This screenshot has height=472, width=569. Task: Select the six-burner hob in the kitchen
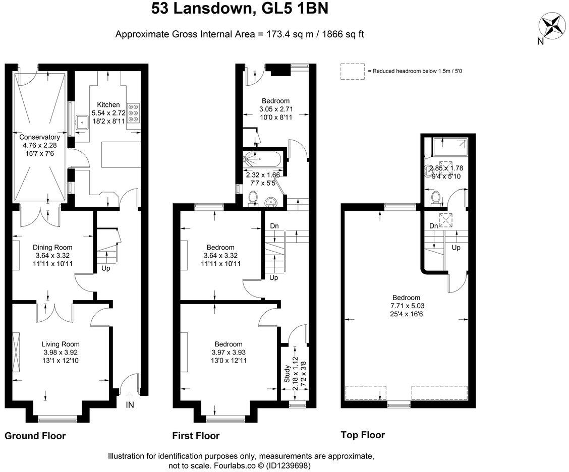[134, 113]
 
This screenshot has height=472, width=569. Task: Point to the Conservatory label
[39, 137]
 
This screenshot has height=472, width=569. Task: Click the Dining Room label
[52, 247]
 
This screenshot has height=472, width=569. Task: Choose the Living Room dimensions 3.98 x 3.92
[60, 352]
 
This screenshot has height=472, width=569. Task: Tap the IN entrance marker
[130, 404]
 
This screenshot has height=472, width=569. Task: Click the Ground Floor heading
[35, 436]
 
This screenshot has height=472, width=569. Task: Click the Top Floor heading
[363, 435]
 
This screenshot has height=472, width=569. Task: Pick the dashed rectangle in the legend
[352, 71]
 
